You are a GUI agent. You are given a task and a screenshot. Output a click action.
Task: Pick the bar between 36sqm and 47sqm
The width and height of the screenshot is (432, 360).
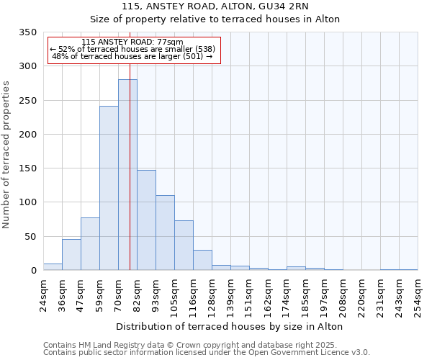coord(71,255)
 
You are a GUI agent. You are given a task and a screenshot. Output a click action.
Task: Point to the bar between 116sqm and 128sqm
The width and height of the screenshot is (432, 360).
coord(202,260)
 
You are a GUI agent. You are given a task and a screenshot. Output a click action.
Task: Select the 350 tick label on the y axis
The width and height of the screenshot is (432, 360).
coord(27,32)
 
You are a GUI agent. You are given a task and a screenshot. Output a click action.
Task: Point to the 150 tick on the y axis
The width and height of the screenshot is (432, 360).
coord(27,168)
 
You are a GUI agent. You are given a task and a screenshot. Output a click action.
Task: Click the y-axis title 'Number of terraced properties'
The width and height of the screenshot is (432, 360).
coord(6,154)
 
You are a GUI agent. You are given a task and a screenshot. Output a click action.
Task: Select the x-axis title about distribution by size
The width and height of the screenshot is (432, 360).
coord(229,326)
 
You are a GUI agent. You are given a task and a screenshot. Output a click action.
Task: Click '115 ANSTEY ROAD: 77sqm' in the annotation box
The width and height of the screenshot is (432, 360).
coord(132,42)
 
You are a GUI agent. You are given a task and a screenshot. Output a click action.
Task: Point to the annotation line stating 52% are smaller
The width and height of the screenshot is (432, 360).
coord(132,49)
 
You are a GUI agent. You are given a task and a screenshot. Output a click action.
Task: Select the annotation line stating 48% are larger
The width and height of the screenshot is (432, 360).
coord(132,56)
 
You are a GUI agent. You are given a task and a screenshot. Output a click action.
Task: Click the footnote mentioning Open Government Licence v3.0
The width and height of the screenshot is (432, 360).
coord(207,353)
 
